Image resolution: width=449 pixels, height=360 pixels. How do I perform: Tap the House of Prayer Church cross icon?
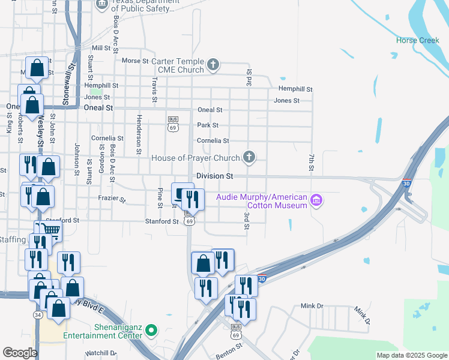249,158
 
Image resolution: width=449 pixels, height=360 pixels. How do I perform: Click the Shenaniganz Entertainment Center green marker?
152,330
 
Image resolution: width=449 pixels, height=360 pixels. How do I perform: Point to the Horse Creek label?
418,40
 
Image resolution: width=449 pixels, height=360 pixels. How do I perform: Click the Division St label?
214,176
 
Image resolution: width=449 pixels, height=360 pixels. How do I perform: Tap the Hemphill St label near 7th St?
295,89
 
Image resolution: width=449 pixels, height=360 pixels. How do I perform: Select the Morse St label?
134,61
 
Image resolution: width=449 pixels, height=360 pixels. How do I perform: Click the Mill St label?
101,48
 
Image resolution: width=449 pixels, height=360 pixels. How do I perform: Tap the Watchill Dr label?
100,353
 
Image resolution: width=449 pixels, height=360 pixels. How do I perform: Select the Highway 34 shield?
38,314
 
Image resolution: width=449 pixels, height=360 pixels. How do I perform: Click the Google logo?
20,352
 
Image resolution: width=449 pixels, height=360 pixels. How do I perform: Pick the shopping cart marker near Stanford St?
52,230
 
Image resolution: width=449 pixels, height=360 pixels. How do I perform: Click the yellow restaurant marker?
68,262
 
